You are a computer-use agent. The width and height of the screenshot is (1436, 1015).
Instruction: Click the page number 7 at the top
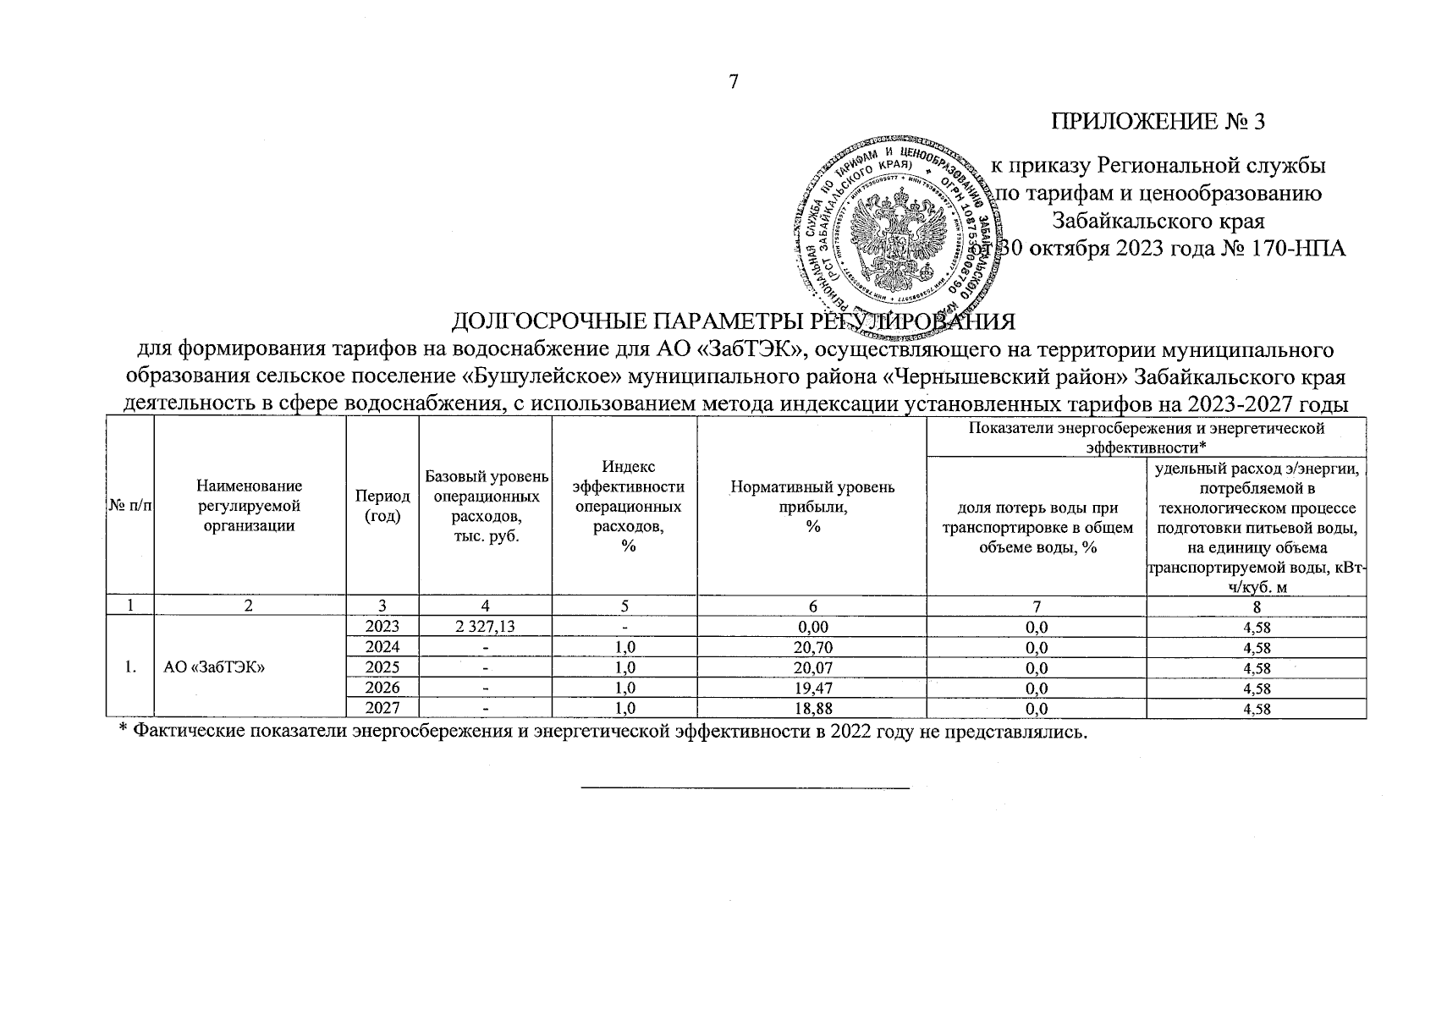point(734,82)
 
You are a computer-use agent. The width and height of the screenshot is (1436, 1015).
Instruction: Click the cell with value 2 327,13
point(485,628)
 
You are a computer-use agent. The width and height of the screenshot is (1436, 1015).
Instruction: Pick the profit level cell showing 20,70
point(812,649)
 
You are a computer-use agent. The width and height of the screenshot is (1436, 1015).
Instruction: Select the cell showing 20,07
point(812,668)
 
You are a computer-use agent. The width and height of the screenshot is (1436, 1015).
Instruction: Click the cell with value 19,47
point(812,689)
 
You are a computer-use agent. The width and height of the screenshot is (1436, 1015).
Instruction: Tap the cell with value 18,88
point(812,709)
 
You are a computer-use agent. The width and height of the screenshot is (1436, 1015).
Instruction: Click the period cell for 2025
point(382,668)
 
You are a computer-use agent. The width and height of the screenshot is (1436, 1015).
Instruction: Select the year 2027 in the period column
point(382,709)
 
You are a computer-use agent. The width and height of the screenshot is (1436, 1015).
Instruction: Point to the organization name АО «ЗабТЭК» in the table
point(217,668)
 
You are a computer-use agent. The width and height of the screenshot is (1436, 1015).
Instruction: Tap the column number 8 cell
point(1257,606)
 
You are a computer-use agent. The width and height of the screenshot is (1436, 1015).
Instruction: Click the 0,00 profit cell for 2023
point(812,628)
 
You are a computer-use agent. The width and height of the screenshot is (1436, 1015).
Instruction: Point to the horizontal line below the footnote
point(744,788)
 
